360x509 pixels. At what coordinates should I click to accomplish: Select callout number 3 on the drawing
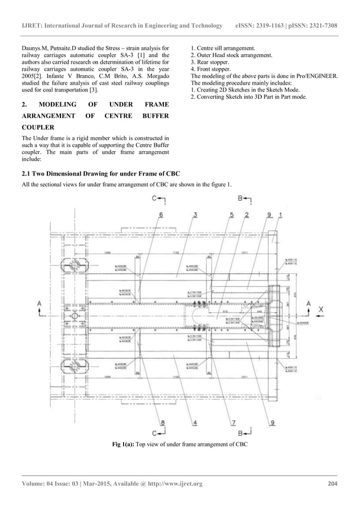coord(195,214)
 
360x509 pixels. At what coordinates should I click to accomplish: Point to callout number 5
coord(232,214)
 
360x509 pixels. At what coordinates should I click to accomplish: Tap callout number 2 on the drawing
coord(247,214)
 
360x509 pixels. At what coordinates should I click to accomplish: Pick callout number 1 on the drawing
coord(280,214)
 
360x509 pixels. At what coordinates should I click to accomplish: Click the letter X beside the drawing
coord(321,309)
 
